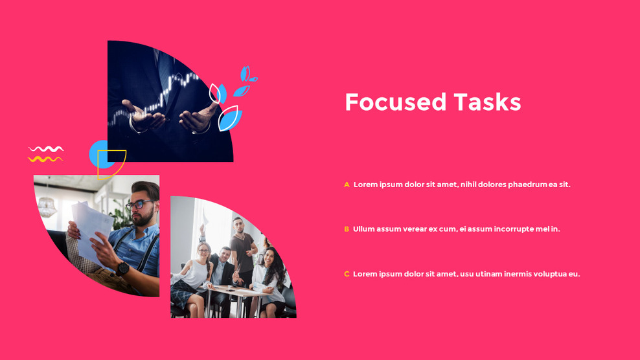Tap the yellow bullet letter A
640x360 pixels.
pyautogui.click(x=347, y=185)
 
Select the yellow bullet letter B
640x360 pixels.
pyautogui.click(x=347, y=229)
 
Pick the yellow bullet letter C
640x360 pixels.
pyautogui.click(x=347, y=275)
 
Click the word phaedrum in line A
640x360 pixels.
pyautogui.click(x=527, y=185)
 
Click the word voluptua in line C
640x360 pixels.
pyautogui.click(x=550, y=275)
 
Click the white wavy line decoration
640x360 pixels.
pyautogui.click(x=46, y=150)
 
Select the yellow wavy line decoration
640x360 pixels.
pyautogui.click(x=46, y=159)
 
